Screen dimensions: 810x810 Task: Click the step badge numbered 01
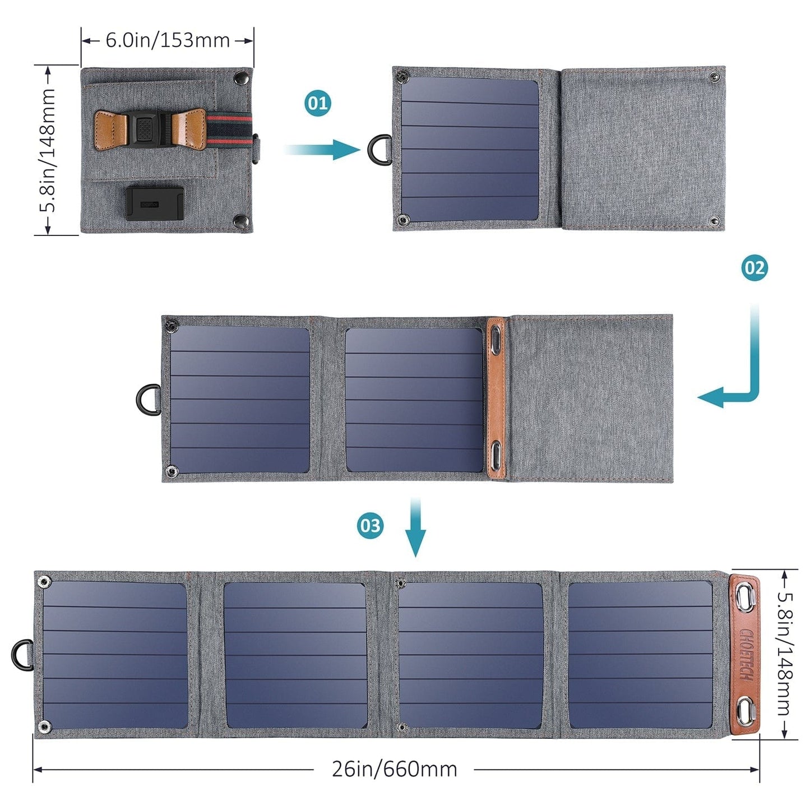pyautogui.click(x=318, y=103)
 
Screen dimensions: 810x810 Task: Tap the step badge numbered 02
pyautogui.click(x=754, y=268)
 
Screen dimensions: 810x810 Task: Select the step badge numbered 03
pyautogui.click(x=370, y=526)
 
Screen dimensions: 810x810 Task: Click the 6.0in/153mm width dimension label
pyautogui.click(x=168, y=40)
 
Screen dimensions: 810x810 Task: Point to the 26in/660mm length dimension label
pyautogui.click(x=394, y=769)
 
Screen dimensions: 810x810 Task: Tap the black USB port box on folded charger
pyautogui.click(x=154, y=203)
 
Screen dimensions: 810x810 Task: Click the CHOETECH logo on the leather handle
pyautogui.click(x=746, y=654)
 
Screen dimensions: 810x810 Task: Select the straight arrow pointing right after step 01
pyautogui.click(x=323, y=149)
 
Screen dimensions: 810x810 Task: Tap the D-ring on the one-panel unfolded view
pyautogui.click(x=379, y=149)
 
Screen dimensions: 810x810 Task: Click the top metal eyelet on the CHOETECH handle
pyautogui.click(x=745, y=598)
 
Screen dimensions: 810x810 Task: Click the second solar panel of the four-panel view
pyautogui.click(x=295, y=654)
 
